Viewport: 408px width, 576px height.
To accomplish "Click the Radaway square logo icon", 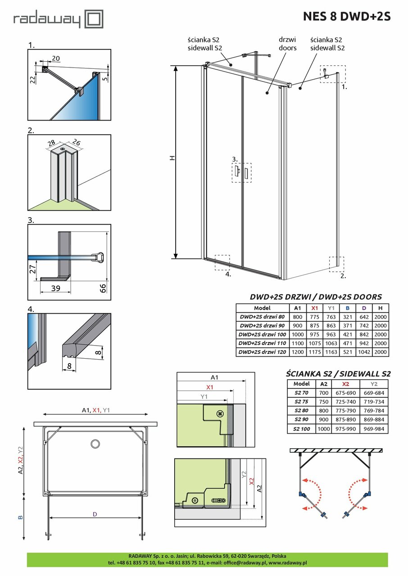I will click(94, 20).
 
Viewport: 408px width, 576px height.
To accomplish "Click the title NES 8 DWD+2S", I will click(346, 17).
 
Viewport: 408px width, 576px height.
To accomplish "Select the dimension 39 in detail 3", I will click(55, 288).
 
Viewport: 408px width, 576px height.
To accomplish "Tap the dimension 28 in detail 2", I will click(51, 144).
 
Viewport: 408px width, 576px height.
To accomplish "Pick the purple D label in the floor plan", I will click(95, 514).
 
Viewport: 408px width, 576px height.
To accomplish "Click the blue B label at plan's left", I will click(20, 517).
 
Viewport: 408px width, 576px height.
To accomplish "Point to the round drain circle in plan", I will click(95, 445).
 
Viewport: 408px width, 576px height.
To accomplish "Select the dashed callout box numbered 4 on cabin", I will click(222, 262).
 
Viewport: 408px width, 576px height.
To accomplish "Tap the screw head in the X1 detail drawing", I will click(220, 413).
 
